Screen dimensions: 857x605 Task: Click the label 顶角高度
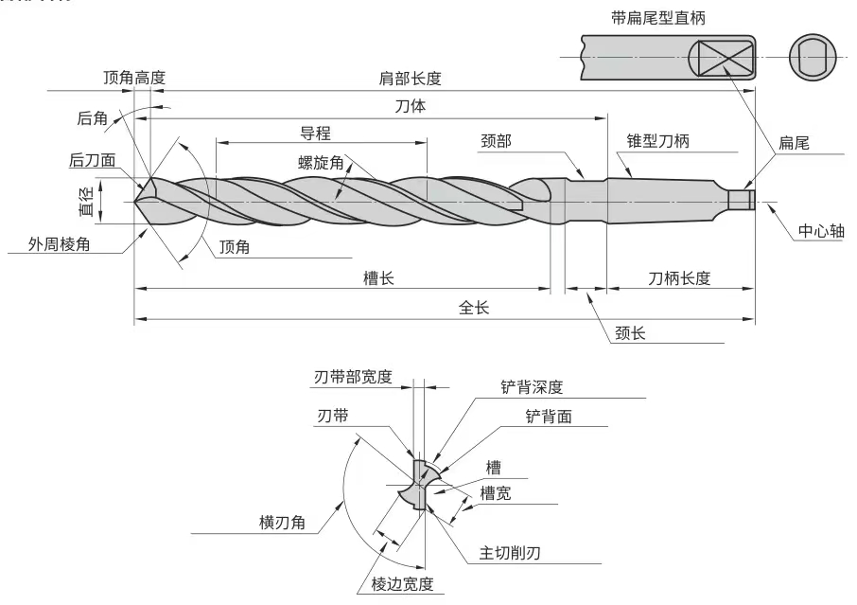[x=134, y=78]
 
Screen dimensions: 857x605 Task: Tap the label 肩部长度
[x=410, y=79]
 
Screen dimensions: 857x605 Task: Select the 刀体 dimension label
[x=411, y=106]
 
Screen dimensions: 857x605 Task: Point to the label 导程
[x=315, y=133]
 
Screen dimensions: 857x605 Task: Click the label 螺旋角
[x=321, y=163]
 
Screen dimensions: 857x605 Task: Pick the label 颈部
[x=497, y=141]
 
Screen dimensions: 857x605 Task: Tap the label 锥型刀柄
[x=658, y=141]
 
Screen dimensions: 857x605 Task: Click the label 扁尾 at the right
[x=794, y=143]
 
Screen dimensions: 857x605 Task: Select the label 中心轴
[x=821, y=231]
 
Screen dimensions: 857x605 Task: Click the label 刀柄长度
[x=679, y=278]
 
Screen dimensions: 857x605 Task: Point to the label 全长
[x=474, y=308]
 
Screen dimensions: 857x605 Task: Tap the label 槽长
[x=378, y=278]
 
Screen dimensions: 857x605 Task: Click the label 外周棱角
[x=59, y=244]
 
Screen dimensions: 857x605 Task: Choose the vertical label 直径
[x=87, y=202]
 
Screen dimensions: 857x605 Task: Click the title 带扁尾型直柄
[x=658, y=18]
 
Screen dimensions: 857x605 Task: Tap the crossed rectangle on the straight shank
[x=726, y=58]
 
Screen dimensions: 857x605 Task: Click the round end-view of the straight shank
[x=813, y=58]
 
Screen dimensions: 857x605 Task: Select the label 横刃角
[x=282, y=523]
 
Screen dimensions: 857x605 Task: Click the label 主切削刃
[x=510, y=553]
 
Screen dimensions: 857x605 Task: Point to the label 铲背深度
[x=532, y=387]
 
